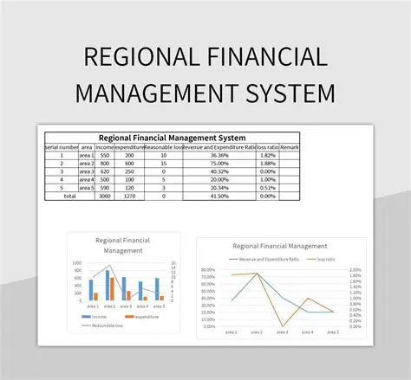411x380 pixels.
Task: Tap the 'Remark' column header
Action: (290, 148)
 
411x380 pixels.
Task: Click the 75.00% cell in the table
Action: (220, 164)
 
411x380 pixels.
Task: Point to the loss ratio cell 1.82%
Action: (270, 156)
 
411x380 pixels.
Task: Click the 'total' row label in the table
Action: (69, 196)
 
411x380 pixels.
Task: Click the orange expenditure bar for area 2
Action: (112, 289)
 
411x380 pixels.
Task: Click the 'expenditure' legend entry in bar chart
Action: (146, 317)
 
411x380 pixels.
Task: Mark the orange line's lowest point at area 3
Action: (284, 325)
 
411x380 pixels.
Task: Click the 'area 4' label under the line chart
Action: (308, 332)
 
